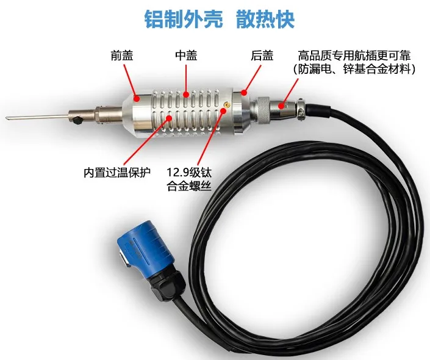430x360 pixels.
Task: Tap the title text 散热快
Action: pos(265,20)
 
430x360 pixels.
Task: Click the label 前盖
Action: pos(121,56)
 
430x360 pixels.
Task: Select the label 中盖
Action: pos(185,56)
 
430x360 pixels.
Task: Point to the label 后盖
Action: pos(260,56)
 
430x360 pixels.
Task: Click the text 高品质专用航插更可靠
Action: pos(356,56)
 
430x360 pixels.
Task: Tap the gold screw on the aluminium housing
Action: pos(227,104)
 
